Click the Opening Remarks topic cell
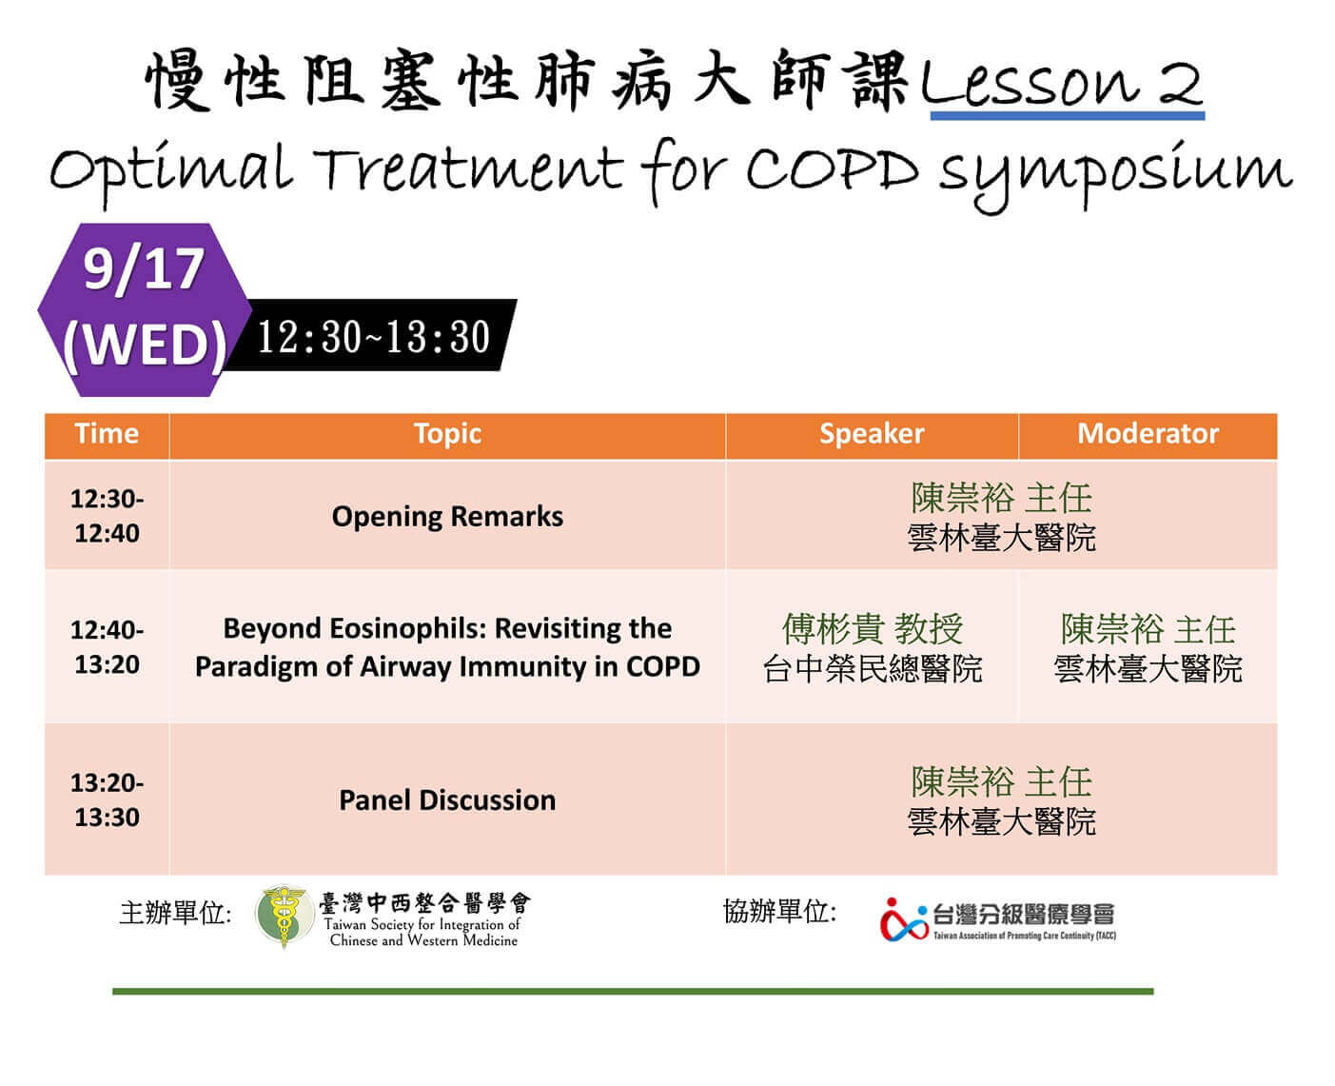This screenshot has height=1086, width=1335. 447,517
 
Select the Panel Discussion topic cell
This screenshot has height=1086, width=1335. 447,800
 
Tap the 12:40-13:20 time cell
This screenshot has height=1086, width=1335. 107,647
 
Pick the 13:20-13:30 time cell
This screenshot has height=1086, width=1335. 107,800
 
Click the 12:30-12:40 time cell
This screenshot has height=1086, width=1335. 107,516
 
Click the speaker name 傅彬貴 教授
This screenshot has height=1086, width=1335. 872,629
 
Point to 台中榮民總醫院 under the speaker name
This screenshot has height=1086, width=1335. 872,668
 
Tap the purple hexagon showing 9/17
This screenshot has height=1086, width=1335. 144,309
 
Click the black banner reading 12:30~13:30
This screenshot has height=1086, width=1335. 370,335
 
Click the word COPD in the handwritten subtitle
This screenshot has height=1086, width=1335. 833,169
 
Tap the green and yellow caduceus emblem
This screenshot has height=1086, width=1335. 285,915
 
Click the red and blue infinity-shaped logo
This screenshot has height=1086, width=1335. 903,920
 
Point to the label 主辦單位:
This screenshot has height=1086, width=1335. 175,913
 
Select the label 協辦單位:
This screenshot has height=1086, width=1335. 779,911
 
